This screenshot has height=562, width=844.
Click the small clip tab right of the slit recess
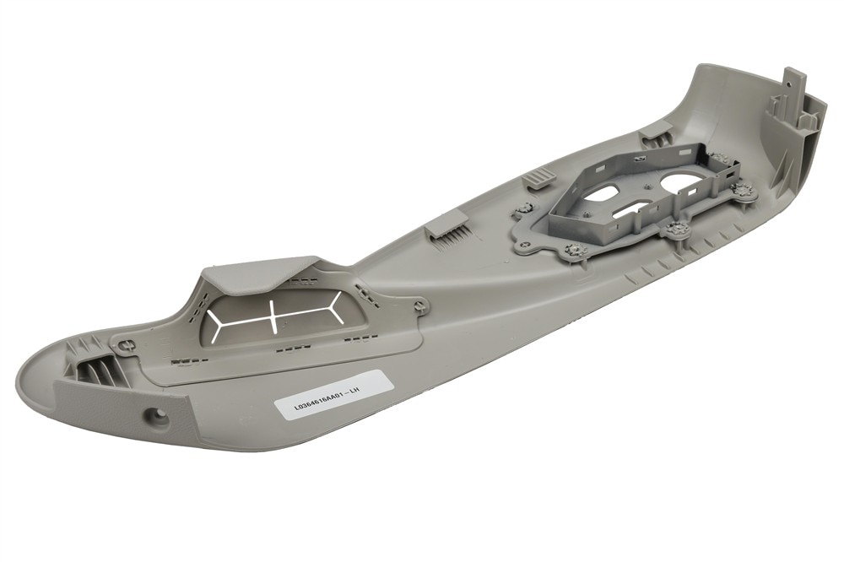click(x=419, y=306)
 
